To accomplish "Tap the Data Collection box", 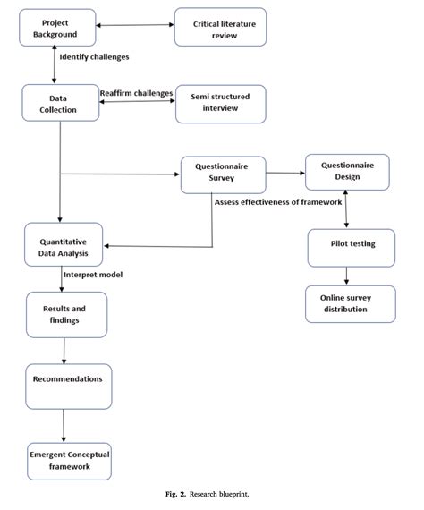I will click(61, 103).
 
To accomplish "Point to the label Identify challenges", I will click(95, 57).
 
